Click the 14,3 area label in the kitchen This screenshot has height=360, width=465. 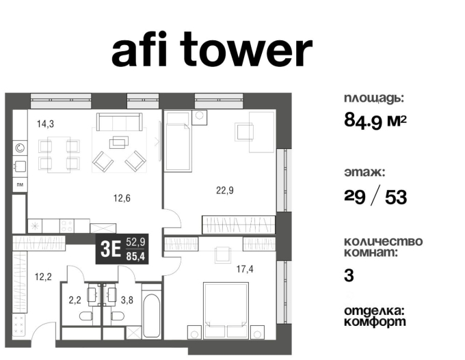(x=45, y=124)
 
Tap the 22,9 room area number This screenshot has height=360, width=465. (x=225, y=190)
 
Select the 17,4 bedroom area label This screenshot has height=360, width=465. (x=245, y=269)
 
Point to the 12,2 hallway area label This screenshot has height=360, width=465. (x=43, y=277)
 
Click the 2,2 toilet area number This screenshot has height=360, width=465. (x=75, y=300)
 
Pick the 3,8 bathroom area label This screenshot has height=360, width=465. (x=127, y=300)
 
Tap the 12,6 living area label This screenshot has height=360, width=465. (x=122, y=197)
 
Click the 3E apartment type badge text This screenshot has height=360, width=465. (x=110, y=249)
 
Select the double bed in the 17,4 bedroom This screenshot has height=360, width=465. (x=226, y=310)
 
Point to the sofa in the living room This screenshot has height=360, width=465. (x=119, y=122)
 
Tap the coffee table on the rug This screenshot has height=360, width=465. (x=119, y=141)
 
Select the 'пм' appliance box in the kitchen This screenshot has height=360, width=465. (x=20, y=184)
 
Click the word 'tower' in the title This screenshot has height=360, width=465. (x=246, y=49)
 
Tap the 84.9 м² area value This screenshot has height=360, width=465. (x=375, y=121)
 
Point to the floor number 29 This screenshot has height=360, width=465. (x=355, y=196)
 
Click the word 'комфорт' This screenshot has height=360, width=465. (x=375, y=322)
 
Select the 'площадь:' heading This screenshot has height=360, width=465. (x=374, y=98)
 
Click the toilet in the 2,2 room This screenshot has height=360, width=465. (x=86, y=316)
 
